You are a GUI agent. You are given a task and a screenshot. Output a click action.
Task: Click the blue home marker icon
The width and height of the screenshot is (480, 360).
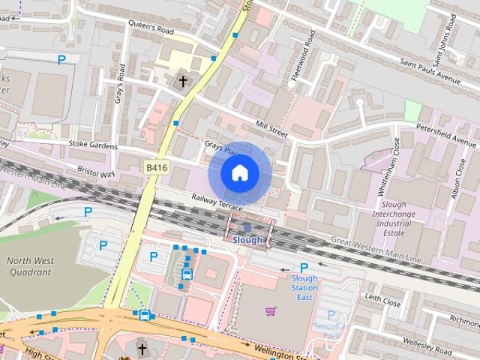239,173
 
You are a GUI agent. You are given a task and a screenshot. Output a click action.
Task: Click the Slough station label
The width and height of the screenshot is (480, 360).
247,240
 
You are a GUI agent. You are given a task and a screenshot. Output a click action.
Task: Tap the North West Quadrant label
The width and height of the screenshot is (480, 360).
31,266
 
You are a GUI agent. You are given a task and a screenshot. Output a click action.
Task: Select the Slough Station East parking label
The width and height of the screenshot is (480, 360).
304,287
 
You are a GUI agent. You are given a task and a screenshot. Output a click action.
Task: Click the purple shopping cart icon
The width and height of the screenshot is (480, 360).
270,310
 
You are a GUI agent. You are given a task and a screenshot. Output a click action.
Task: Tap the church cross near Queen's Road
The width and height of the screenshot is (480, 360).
182,80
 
